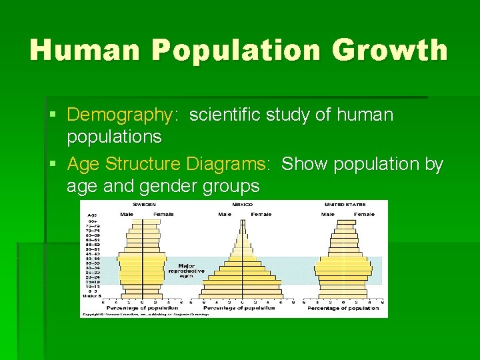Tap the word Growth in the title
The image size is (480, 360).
(x=399, y=51)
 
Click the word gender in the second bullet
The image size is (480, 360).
(x=158, y=186)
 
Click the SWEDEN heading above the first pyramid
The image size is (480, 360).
(x=144, y=204)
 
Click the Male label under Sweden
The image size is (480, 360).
(x=126, y=214)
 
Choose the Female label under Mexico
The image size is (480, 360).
(x=261, y=214)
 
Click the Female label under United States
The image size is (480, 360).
(x=364, y=214)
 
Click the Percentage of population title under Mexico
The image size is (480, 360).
(x=239, y=308)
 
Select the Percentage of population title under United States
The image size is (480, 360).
(x=343, y=308)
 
